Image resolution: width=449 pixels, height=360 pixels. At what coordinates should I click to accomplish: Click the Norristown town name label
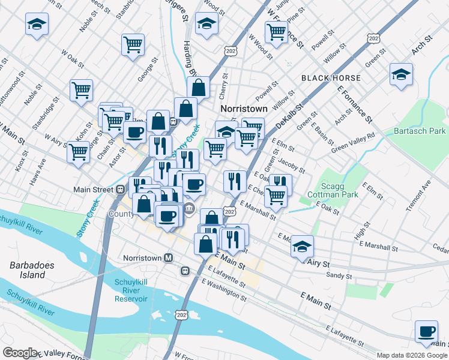pos(243,109)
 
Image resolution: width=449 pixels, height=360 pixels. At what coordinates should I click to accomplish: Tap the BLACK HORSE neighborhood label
pos(331,78)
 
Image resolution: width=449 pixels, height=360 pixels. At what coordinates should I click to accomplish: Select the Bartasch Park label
pos(420,130)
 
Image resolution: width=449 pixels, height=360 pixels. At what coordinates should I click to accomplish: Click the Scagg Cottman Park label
pos(332,190)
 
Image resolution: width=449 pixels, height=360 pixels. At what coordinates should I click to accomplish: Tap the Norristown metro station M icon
pos(169,257)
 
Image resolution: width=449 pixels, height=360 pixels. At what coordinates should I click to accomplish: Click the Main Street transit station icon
pos(121,189)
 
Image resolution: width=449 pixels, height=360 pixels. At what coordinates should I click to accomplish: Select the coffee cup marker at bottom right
pos(427,331)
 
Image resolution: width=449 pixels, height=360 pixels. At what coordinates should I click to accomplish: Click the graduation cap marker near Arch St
pos(401,74)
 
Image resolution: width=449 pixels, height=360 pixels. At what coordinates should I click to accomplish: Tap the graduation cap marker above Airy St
pos(302,246)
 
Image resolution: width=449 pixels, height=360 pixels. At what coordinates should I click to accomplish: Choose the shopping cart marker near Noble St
pos(81,91)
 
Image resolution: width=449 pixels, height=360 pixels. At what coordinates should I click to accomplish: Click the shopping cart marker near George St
pos(133,44)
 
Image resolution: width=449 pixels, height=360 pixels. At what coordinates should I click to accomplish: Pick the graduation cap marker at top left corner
pos(37,25)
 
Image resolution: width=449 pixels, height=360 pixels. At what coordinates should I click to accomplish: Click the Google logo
pos(20,353)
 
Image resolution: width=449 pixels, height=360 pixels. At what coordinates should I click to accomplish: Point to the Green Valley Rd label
pos(353,139)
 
